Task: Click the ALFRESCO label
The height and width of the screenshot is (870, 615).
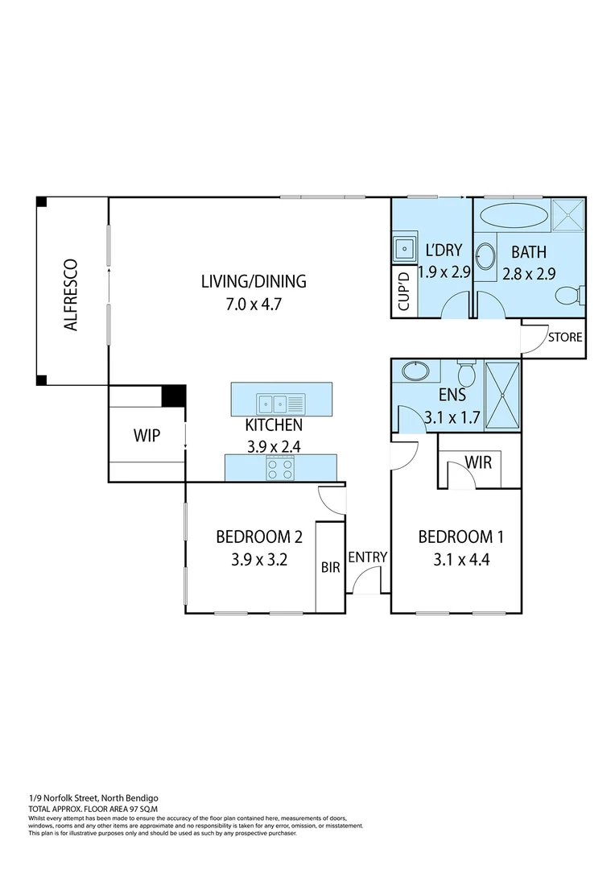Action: click(x=71, y=295)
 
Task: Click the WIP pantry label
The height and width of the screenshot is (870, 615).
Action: click(x=147, y=436)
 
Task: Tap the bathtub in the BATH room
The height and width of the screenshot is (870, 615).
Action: click(x=513, y=216)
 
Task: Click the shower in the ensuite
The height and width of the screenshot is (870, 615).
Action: click(x=503, y=395)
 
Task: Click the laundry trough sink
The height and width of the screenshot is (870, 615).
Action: click(x=402, y=248)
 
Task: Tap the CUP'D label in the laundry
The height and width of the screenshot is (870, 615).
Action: click(x=404, y=292)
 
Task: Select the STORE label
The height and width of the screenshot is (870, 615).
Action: click(x=564, y=338)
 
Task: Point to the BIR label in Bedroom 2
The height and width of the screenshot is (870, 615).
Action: click(x=331, y=567)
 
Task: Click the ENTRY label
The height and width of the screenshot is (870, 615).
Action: click(x=368, y=557)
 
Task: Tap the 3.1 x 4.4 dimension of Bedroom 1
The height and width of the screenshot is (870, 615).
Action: click(x=453, y=560)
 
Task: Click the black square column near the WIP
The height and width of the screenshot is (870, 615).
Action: click(x=174, y=396)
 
